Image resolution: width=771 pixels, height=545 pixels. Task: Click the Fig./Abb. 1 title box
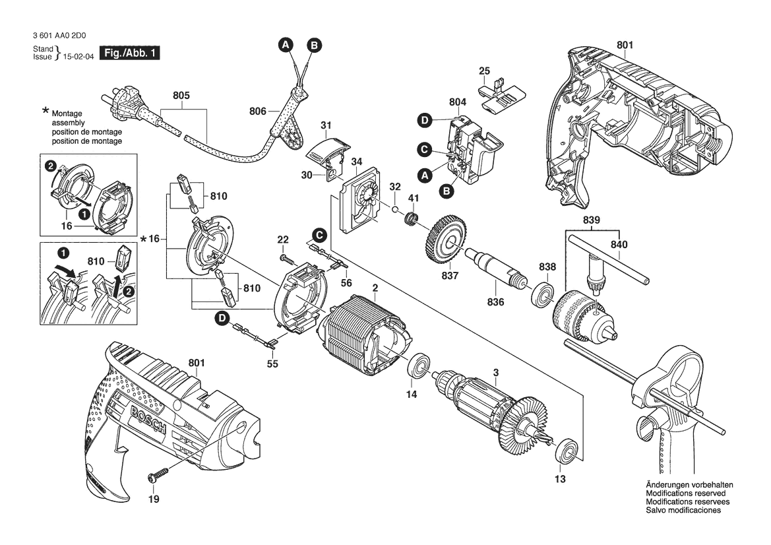(x=129, y=53)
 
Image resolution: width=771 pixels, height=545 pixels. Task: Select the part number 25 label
(x=484, y=71)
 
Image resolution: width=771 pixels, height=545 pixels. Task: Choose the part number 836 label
(x=495, y=302)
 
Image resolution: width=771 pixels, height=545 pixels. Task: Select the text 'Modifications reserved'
(x=685, y=494)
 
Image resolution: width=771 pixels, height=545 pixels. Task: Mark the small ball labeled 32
(x=394, y=209)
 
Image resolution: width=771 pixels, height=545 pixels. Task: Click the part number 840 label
(x=619, y=245)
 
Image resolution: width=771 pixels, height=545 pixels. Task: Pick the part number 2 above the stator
(x=375, y=288)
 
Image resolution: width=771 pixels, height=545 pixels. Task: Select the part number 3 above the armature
(x=496, y=373)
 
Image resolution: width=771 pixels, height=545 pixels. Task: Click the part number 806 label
(x=259, y=112)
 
